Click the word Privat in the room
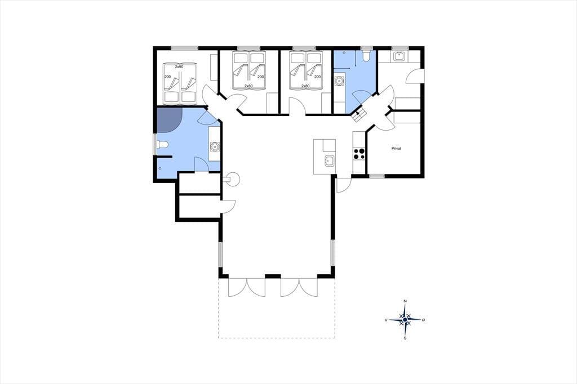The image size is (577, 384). point(396,149)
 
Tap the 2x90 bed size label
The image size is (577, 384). point(179,66)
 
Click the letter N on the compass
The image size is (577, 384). point(405,301)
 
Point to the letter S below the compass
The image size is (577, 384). point(405,338)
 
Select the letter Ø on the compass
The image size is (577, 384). point(423,320)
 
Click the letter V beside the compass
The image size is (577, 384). point(386,320)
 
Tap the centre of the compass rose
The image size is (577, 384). point(405,320)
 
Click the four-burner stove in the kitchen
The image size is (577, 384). point(359,153)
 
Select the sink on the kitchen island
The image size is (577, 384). point(329,160)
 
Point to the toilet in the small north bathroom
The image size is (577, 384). point(366,56)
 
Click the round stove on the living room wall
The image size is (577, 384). point(233,180)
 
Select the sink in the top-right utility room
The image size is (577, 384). point(398,57)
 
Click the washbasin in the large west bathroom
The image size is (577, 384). point(214,147)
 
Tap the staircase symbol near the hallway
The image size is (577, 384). point(357,115)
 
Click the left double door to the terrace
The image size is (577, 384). point(247,287)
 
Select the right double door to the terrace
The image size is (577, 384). point(299,287)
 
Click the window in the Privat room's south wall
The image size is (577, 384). point(376,176)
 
